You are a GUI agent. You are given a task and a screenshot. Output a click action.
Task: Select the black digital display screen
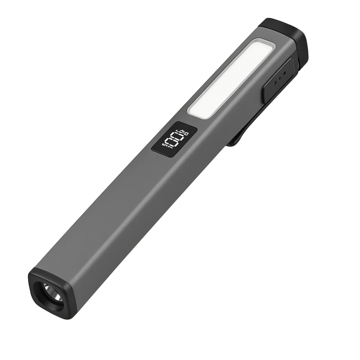[174, 140]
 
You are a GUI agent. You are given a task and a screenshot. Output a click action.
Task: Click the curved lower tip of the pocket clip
[232, 142]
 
